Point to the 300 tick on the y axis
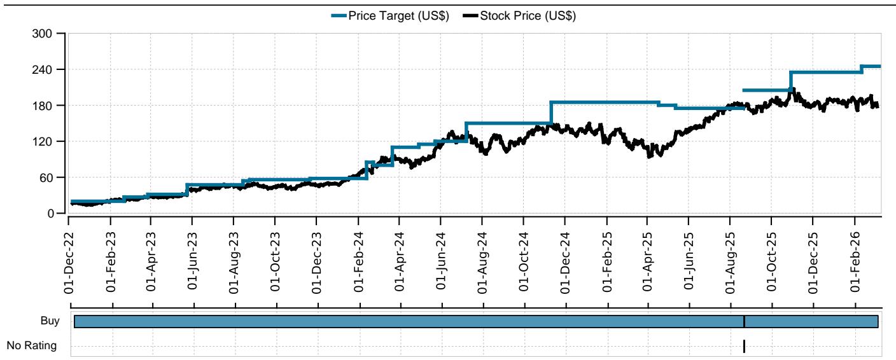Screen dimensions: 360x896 (x=48, y=33)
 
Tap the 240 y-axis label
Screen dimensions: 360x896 (x=48, y=69)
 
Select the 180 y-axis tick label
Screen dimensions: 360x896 (x=48, y=105)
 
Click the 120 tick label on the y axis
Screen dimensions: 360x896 (x=48, y=141)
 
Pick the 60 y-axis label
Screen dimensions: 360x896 (x=50, y=177)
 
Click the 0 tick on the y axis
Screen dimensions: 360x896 (x=53, y=214)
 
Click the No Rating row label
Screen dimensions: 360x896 (x=31, y=346)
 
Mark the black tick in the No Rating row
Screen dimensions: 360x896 (x=744, y=346)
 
